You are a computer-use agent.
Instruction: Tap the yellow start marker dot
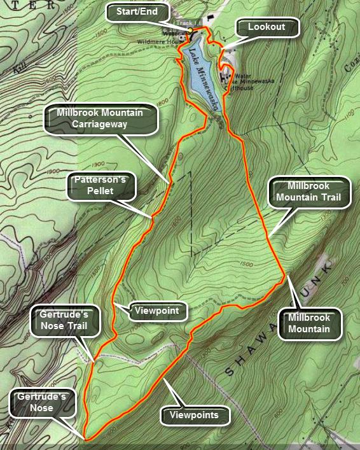pyautogui.click(x=190, y=30)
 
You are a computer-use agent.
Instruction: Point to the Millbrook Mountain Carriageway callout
pyautogui.click(x=99, y=118)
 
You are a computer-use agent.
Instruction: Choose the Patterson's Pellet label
pyautogui.click(x=98, y=188)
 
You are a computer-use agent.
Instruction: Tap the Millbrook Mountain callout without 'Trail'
pyautogui.click(x=309, y=323)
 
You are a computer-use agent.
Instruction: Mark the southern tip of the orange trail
pyautogui.click(x=85, y=438)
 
